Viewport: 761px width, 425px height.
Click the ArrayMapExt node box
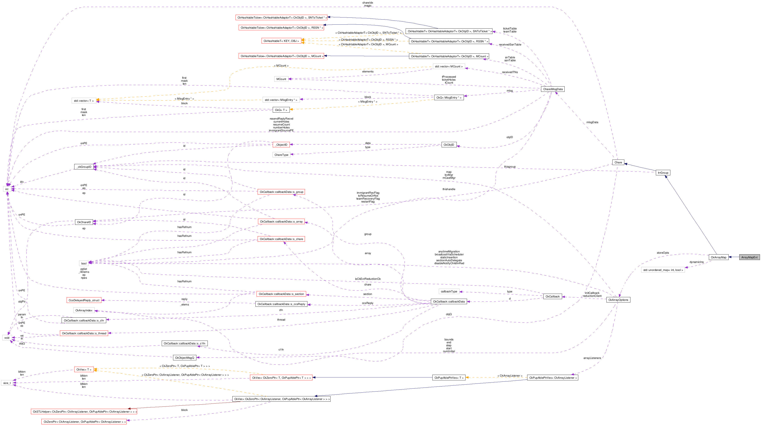click(x=749, y=257)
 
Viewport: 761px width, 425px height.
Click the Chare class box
click(x=618, y=162)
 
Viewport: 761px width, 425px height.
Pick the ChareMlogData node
click(x=553, y=89)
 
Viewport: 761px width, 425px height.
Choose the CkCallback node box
click(x=552, y=296)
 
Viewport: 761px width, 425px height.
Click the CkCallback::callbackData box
click(x=449, y=302)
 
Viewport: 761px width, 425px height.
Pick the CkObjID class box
click(x=449, y=145)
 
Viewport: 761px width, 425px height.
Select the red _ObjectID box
click(x=281, y=145)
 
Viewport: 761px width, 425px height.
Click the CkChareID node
click(x=84, y=222)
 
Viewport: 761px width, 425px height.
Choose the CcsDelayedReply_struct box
click(x=84, y=300)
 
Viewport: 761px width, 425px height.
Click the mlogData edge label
click(x=592, y=122)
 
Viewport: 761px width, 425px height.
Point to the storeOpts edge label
click(x=663, y=253)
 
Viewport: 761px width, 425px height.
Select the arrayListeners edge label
click(x=592, y=358)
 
